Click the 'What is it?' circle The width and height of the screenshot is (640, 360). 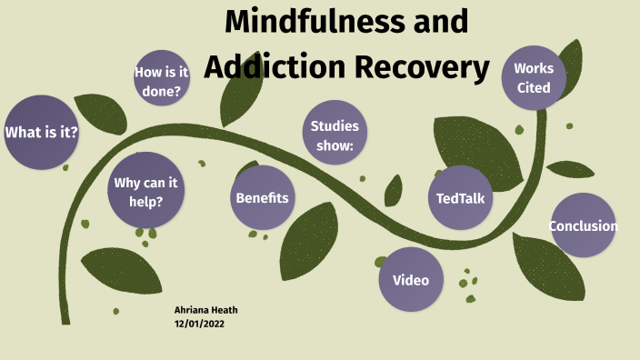point(41,133)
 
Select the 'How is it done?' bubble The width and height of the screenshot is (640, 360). point(161,80)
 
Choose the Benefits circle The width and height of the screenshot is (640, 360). point(262,197)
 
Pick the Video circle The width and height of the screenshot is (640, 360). point(410,279)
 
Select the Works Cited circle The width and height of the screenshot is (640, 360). point(534,77)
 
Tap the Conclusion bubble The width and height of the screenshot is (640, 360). point(583,225)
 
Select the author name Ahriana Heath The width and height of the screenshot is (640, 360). point(205,310)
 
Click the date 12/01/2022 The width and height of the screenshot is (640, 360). point(198,323)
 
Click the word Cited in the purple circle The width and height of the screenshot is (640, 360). point(534,87)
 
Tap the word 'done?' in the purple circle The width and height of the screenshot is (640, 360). point(161,90)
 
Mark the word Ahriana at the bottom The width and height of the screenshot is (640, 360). point(193,310)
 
